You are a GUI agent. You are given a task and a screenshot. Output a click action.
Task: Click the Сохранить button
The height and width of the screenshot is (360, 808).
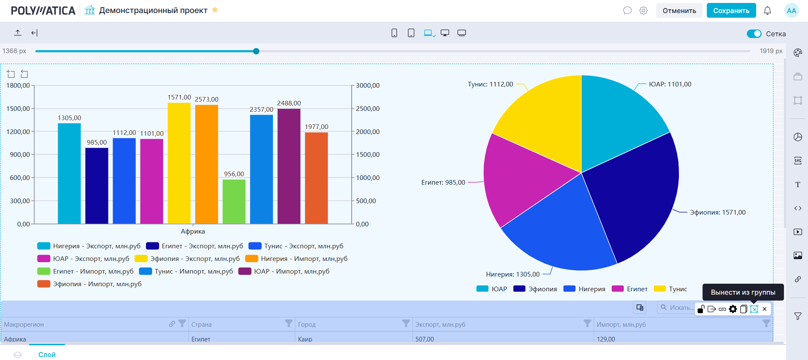(731, 11)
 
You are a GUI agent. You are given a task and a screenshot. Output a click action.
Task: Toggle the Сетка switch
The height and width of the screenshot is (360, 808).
(754, 34)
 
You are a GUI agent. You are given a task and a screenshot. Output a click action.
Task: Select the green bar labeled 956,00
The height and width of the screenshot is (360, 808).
(234, 201)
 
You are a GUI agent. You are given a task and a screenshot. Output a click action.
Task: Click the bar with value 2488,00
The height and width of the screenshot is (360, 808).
(289, 166)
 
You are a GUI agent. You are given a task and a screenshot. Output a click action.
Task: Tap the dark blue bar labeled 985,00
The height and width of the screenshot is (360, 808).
(97, 185)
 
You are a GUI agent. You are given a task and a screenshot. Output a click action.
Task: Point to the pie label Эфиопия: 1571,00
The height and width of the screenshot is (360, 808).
(717, 212)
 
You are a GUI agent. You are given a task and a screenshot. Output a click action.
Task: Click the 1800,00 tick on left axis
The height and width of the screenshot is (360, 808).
(18, 86)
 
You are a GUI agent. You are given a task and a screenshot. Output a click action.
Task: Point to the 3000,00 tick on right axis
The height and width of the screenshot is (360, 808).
(368, 86)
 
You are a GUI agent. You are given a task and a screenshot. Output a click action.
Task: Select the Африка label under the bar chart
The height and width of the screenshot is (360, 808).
(193, 231)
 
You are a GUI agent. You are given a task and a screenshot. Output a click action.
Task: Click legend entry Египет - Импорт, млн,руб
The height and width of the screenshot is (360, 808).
(93, 271)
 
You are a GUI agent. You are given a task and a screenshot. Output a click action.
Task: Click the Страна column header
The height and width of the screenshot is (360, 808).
(202, 325)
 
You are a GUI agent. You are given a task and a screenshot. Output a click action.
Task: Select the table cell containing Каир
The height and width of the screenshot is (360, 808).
(305, 339)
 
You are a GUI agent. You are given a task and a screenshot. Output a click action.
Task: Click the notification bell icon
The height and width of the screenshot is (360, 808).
(768, 11)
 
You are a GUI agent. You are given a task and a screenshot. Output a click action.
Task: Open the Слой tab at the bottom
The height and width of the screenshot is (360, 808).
(47, 355)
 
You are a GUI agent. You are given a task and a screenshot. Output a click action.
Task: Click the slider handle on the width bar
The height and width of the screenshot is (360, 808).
(256, 51)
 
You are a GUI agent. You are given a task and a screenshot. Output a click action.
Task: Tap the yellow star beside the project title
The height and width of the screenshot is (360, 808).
(215, 10)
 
